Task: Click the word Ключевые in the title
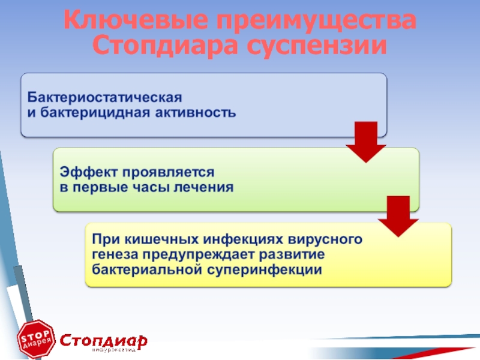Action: click(x=136, y=19)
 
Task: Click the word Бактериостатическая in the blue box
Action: click(x=104, y=97)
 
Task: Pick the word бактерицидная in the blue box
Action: click(x=95, y=112)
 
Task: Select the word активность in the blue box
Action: click(x=196, y=113)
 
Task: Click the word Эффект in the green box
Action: click(x=88, y=172)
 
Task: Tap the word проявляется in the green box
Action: click(x=169, y=172)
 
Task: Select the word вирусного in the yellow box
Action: click(x=325, y=239)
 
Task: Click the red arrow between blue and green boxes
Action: click(x=366, y=142)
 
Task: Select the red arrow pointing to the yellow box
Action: click(x=398, y=217)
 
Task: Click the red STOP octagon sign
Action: click(x=36, y=338)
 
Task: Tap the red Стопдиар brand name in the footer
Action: click(x=103, y=341)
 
